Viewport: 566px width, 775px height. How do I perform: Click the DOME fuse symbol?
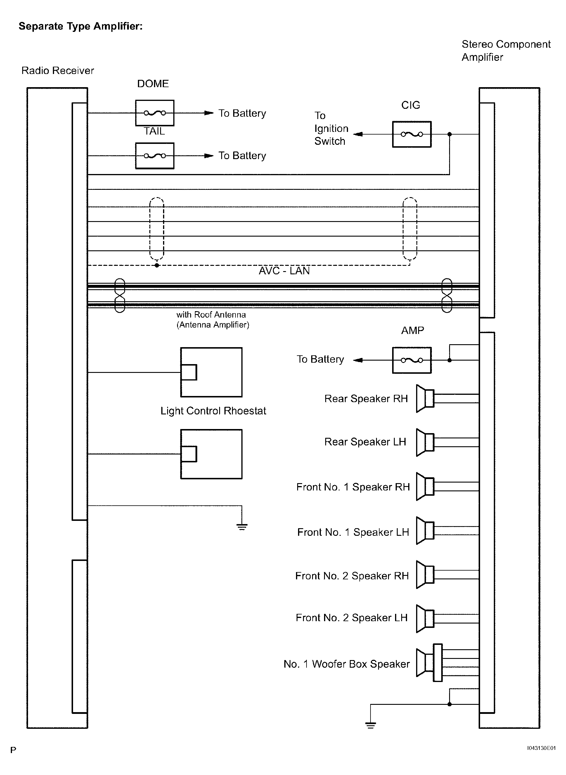pyautogui.click(x=155, y=113)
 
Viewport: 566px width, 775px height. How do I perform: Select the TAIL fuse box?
pyautogui.click(x=155, y=156)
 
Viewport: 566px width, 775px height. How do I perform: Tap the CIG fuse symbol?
pyautogui.click(x=411, y=134)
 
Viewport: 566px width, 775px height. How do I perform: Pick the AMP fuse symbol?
pyautogui.click(x=411, y=360)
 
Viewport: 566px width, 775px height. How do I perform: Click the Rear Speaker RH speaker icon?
pyautogui.click(x=425, y=399)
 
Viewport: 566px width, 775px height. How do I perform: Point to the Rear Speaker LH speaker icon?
pyautogui.click(x=425, y=442)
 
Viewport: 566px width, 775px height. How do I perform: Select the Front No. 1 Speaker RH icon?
pyautogui.click(x=425, y=486)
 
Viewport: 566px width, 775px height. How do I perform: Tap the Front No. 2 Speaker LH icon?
pyautogui.click(x=425, y=618)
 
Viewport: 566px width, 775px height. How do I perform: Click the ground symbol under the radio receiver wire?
pyautogui.click(x=242, y=527)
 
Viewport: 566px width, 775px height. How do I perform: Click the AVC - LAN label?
pyautogui.click(x=284, y=271)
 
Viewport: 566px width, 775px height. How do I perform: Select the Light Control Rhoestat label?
pyautogui.click(x=213, y=411)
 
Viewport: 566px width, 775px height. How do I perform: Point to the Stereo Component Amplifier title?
pyautogui.click(x=506, y=50)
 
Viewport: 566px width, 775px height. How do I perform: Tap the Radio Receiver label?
pyautogui.click(x=58, y=71)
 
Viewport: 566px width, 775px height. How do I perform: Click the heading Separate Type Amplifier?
pyautogui.click(x=81, y=26)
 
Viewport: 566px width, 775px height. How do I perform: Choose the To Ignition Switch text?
pyautogui.click(x=331, y=128)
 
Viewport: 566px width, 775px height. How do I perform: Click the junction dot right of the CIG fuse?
pyautogui.click(x=449, y=134)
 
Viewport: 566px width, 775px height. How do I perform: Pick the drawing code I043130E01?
pyautogui.click(x=541, y=748)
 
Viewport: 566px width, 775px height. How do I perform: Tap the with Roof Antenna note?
pyautogui.click(x=213, y=320)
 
